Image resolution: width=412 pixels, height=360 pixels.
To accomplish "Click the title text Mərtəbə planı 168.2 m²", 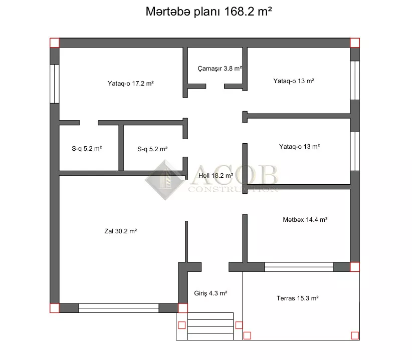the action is click(x=209, y=12).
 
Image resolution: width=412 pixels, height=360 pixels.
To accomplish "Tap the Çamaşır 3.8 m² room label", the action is click(x=220, y=69).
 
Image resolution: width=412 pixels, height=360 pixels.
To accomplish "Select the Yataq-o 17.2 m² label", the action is click(x=131, y=84).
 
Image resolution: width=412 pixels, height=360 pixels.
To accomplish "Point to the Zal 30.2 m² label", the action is click(x=121, y=231).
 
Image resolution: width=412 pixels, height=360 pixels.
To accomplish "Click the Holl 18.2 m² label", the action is click(x=216, y=176).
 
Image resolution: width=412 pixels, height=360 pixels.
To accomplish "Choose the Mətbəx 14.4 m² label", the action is click(x=305, y=220).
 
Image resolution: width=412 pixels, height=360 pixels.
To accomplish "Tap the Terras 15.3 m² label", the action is click(x=297, y=298).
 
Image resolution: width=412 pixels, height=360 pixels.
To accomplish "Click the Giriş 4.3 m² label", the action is click(x=211, y=293).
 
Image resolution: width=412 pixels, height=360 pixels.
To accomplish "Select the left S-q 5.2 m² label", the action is click(x=87, y=149).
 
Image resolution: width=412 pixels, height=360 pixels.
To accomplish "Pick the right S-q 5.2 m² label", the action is click(x=152, y=149).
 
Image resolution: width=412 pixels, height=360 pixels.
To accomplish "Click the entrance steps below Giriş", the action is click(x=210, y=326).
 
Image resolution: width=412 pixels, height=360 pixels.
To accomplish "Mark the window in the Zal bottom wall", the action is click(x=119, y=308).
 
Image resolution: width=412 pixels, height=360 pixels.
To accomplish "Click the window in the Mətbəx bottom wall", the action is click(x=299, y=267).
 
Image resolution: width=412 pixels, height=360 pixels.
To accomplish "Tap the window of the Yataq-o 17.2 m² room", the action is click(x=55, y=84).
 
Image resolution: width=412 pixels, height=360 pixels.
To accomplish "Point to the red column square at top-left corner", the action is click(x=55, y=43).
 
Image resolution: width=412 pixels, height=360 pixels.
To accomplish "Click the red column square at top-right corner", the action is click(x=355, y=43).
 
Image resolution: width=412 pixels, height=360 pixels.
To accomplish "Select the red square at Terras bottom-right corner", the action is click(x=355, y=335).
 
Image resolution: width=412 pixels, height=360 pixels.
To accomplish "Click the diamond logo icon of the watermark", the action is click(x=165, y=180).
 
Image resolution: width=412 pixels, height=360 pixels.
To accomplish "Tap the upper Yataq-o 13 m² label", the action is click(x=294, y=81).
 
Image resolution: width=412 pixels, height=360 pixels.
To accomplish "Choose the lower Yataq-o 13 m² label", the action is click(x=299, y=147).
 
